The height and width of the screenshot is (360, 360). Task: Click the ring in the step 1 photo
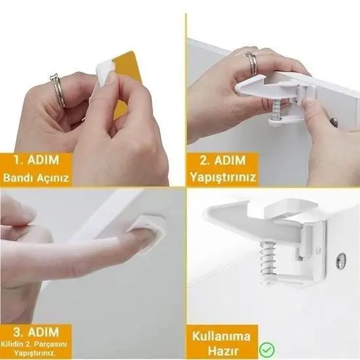[58, 90]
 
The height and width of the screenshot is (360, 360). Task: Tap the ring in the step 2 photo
[251, 63]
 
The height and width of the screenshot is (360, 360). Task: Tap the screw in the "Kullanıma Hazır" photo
[340, 260]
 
